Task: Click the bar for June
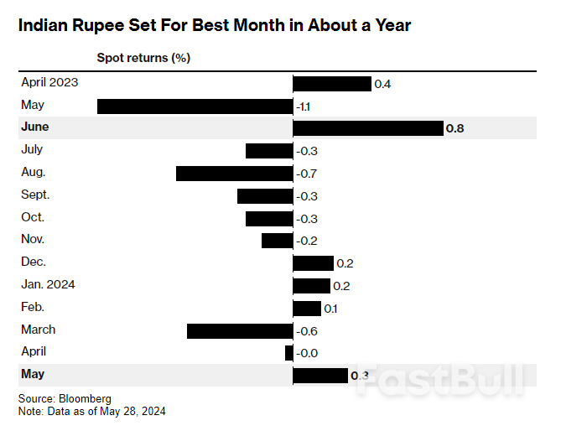[x=367, y=128]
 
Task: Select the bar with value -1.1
[x=195, y=106]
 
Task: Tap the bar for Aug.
[x=234, y=174]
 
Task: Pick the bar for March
[x=239, y=330]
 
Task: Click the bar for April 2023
[x=331, y=84]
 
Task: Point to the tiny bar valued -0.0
[x=288, y=353]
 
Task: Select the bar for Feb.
[x=306, y=308]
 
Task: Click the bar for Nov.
[x=277, y=241]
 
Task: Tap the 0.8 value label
[x=455, y=129]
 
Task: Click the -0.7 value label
[x=306, y=174]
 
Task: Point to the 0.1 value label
[x=330, y=309]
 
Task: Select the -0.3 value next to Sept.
[x=306, y=196]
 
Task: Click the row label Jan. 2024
[x=48, y=284]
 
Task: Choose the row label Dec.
[x=33, y=262]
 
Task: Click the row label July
[x=31, y=149]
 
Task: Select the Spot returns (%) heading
[x=143, y=58]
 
